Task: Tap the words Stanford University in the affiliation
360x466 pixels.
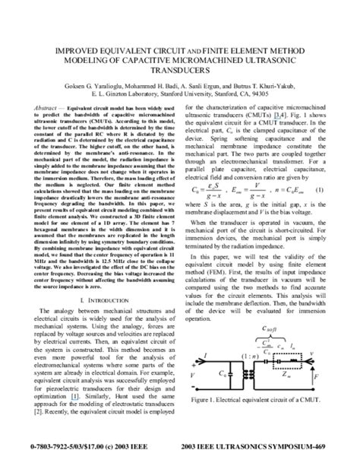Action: coord(208,97)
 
